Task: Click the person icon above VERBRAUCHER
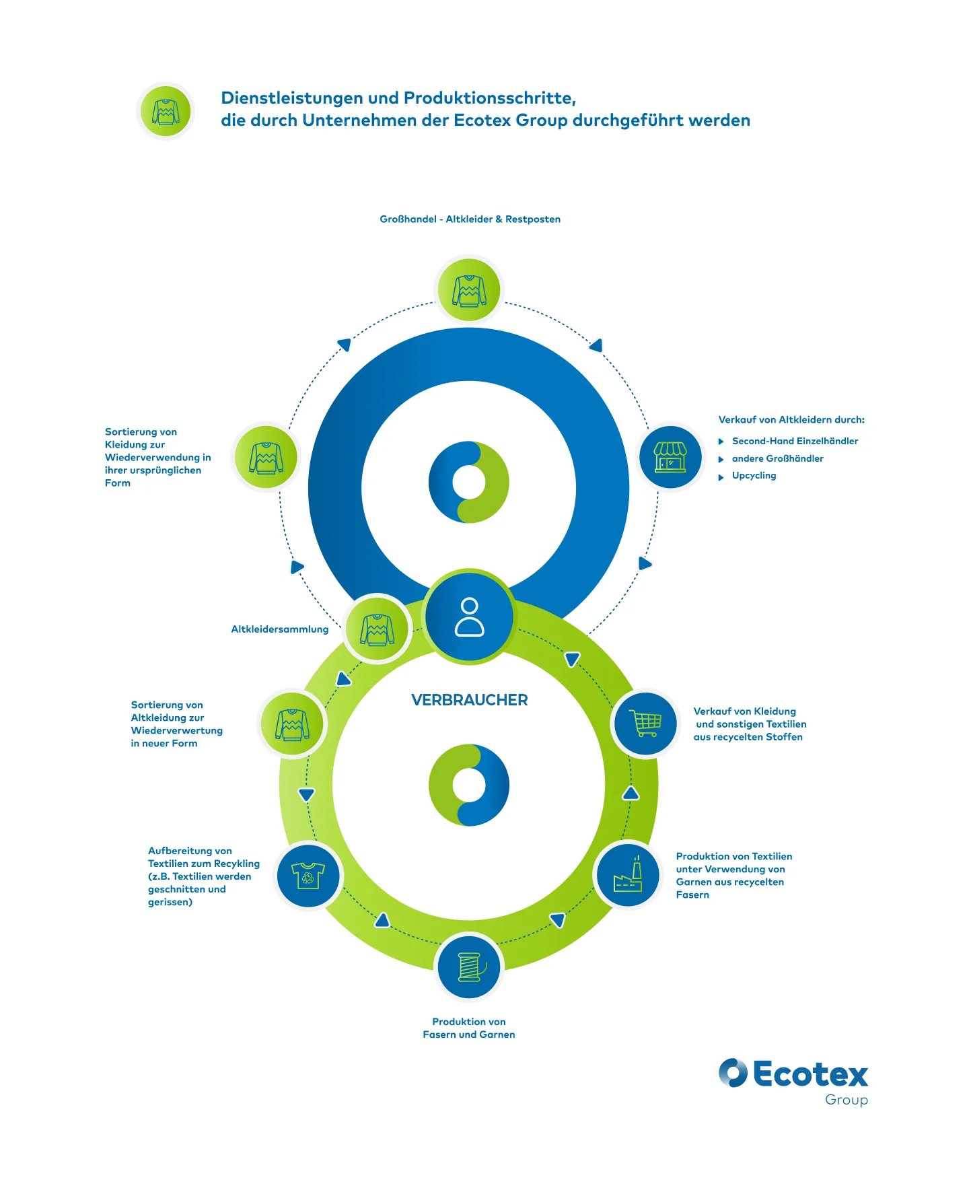click(469, 617)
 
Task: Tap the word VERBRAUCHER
click(469, 700)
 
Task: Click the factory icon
click(628, 875)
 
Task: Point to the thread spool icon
click(470, 967)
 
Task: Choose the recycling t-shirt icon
click(308, 876)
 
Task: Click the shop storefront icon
click(670, 457)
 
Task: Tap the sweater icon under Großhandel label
click(469, 290)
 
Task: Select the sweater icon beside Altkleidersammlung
click(378, 630)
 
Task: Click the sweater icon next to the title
click(166, 112)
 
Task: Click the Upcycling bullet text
click(754, 475)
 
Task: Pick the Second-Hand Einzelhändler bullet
click(795, 441)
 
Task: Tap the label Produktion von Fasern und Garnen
click(469, 1028)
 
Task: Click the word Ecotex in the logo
click(810, 1074)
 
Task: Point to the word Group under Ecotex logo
click(846, 1100)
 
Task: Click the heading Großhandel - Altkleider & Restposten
click(470, 219)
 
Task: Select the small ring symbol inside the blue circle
click(469, 482)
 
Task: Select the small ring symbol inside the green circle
click(469, 785)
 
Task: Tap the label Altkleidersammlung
click(279, 629)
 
